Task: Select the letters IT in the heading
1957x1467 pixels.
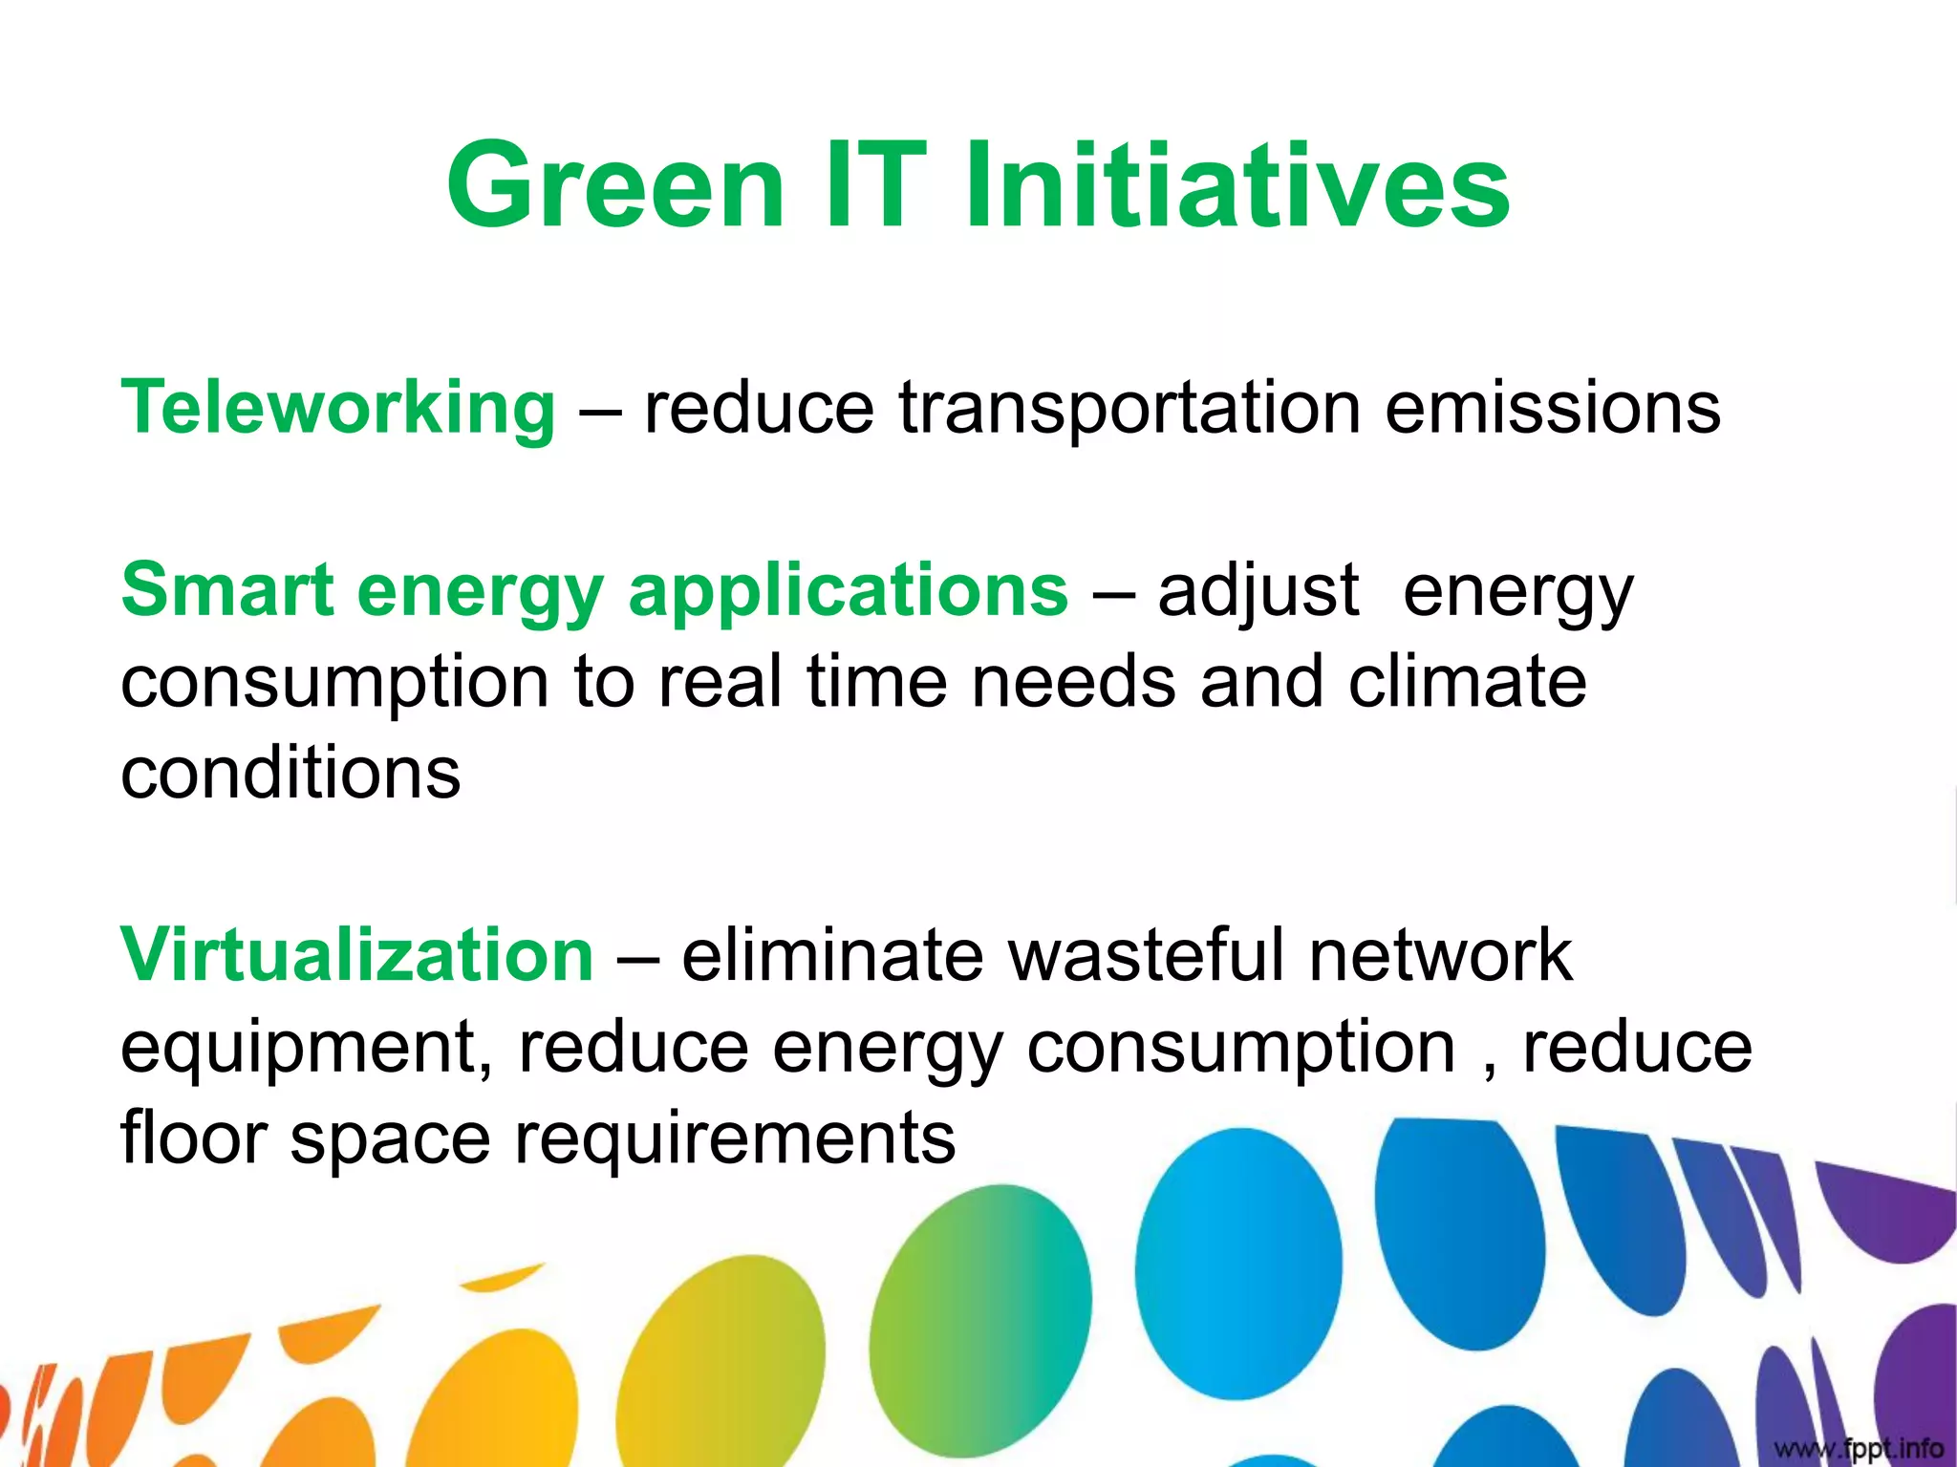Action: coord(873,186)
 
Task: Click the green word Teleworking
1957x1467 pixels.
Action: coord(337,409)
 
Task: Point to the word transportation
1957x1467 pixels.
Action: coord(1129,409)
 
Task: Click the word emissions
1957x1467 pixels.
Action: coord(1552,409)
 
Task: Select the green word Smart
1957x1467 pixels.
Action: coord(226,590)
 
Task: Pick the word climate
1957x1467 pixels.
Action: coord(1467,682)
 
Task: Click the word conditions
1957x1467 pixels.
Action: coord(290,773)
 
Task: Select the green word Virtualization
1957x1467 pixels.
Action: coord(356,955)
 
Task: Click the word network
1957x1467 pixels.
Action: coord(1440,955)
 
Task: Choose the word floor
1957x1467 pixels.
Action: coord(193,1137)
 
